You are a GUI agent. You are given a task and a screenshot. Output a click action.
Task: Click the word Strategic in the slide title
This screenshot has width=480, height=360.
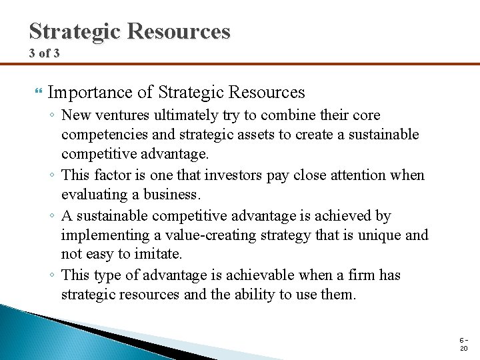click(73, 31)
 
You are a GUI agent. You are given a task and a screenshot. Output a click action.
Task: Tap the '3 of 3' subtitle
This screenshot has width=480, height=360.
click(45, 53)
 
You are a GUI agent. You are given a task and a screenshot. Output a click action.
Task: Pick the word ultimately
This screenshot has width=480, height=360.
click(184, 115)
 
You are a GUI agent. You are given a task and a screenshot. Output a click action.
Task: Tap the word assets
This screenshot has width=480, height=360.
click(255, 135)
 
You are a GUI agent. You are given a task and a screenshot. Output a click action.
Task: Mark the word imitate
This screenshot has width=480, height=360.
click(159, 255)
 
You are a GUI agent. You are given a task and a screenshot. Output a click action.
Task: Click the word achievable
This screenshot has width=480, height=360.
click(268, 275)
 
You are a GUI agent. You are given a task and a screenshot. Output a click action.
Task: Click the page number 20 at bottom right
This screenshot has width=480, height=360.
click(463, 349)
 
